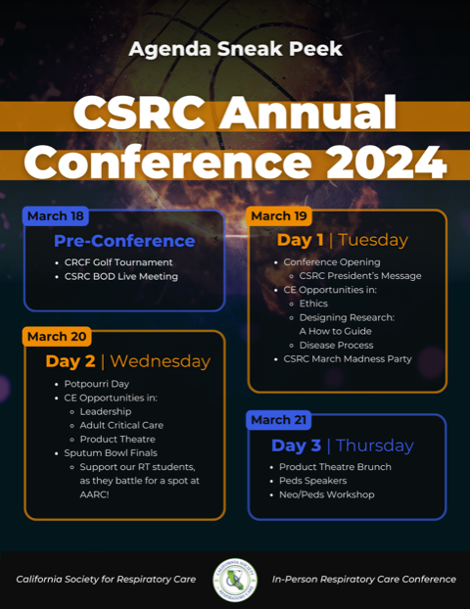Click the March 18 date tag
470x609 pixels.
tap(56, 216)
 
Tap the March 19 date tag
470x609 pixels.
tap(279, 216)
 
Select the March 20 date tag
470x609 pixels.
tap(57, 337)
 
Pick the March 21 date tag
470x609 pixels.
tap(278, 420)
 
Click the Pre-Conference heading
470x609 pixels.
tap(124, 241)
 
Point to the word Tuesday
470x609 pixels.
tap(373, 240)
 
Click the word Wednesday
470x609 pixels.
tap(160, 361)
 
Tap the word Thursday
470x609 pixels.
tap(374, 445)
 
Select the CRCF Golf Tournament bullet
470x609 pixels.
tap(118, 262)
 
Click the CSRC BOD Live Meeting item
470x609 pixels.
tap(121, 276)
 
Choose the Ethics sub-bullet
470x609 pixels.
tap(313, 304)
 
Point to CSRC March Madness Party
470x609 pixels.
tap(348, 359)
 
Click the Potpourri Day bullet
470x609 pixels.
tap(97, 384)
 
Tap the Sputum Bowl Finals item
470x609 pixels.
tap(111, 453)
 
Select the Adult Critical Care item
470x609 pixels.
tap(121, 425)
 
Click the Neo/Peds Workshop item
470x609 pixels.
tap(327, 494)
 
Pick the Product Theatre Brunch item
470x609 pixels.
tap(335, 467)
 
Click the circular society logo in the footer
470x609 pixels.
tap(235, 580)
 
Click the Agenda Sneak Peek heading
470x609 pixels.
tap(235, 49)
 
